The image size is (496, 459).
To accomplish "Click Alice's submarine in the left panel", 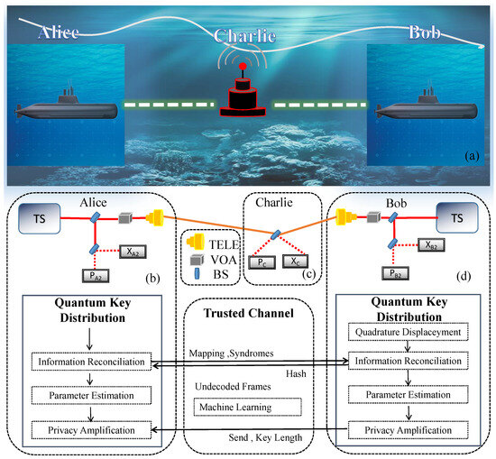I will point(68,108).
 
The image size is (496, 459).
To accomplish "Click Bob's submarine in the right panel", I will point(428,108).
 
